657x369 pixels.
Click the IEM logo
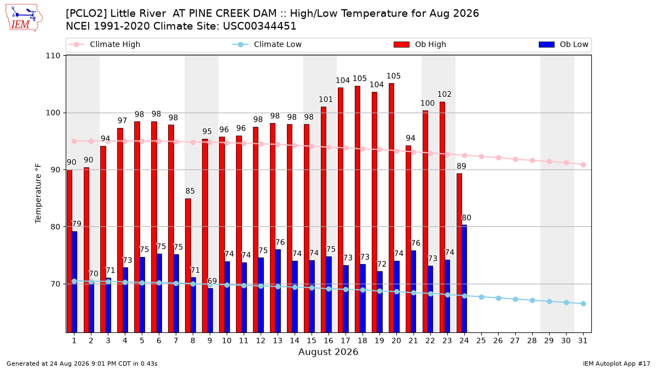coord(24,17)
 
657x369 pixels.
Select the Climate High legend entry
coord(104,44)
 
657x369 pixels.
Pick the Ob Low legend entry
coord(563,44)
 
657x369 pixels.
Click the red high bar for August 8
coord(188,265)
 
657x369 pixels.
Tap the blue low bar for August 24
coord(464,278)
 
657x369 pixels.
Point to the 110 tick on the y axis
coord(53,56)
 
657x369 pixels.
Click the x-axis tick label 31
coord(583,341)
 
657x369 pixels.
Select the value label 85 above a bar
coord(190,191)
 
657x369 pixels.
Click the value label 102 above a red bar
coord(445,94)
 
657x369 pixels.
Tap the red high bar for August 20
coord(391,208)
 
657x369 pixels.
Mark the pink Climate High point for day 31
coord(583,165)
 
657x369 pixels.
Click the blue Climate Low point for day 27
coord(515,300)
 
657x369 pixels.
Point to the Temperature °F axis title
coord(38,194)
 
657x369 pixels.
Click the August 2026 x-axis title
coord(328,352)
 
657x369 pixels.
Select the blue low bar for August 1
coord(74,282)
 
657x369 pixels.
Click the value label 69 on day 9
coord(212,281)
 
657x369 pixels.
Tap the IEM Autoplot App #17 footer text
coord(616,364)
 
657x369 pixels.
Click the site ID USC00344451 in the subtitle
coord(260,26)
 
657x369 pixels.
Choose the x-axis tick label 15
coord(312,341)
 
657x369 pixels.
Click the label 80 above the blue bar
coord(466,218)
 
